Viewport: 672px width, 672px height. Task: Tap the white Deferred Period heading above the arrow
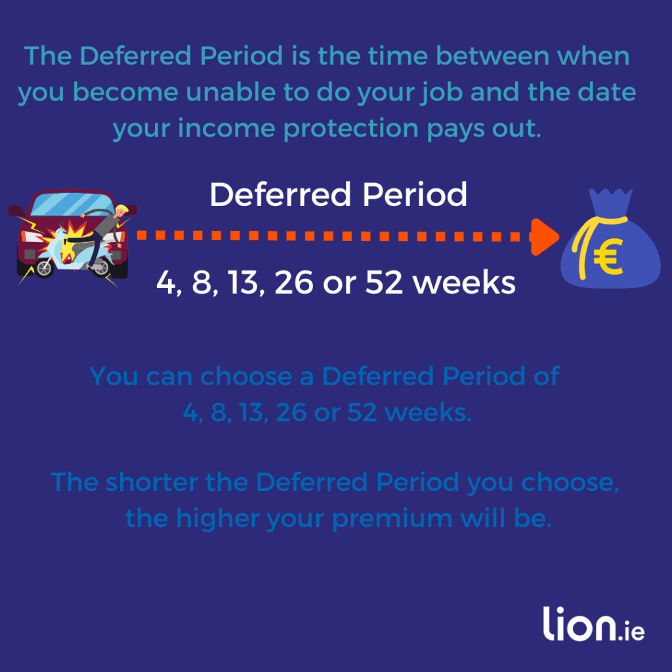338,195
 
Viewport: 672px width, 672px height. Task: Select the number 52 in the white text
384,283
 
